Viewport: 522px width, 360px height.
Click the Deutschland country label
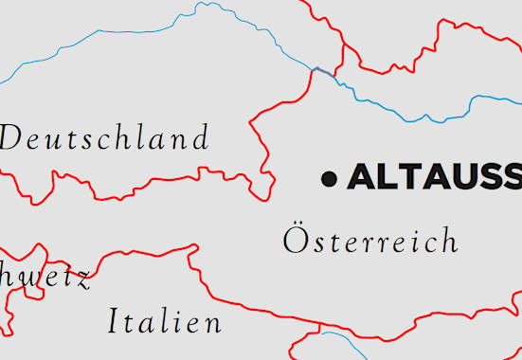point(104,139)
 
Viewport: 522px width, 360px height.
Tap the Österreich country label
point(370,240)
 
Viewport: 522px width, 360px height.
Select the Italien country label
point(165,322)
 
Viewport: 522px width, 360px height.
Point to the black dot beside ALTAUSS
point(329,177)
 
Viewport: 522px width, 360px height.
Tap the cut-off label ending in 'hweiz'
point(45,279)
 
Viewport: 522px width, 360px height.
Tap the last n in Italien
point(213,324)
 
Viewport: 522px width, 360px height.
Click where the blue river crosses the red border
point(316,69)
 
